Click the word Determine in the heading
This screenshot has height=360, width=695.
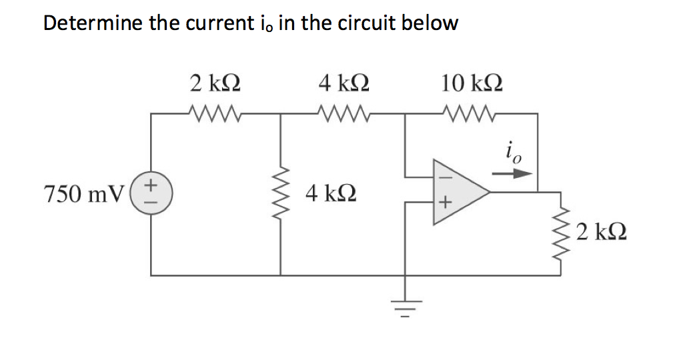88,23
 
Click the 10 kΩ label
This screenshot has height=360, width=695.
472,84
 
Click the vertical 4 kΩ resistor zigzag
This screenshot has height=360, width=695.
280,194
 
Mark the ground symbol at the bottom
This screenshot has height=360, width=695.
407,306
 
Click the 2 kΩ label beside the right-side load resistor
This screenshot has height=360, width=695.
602,233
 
